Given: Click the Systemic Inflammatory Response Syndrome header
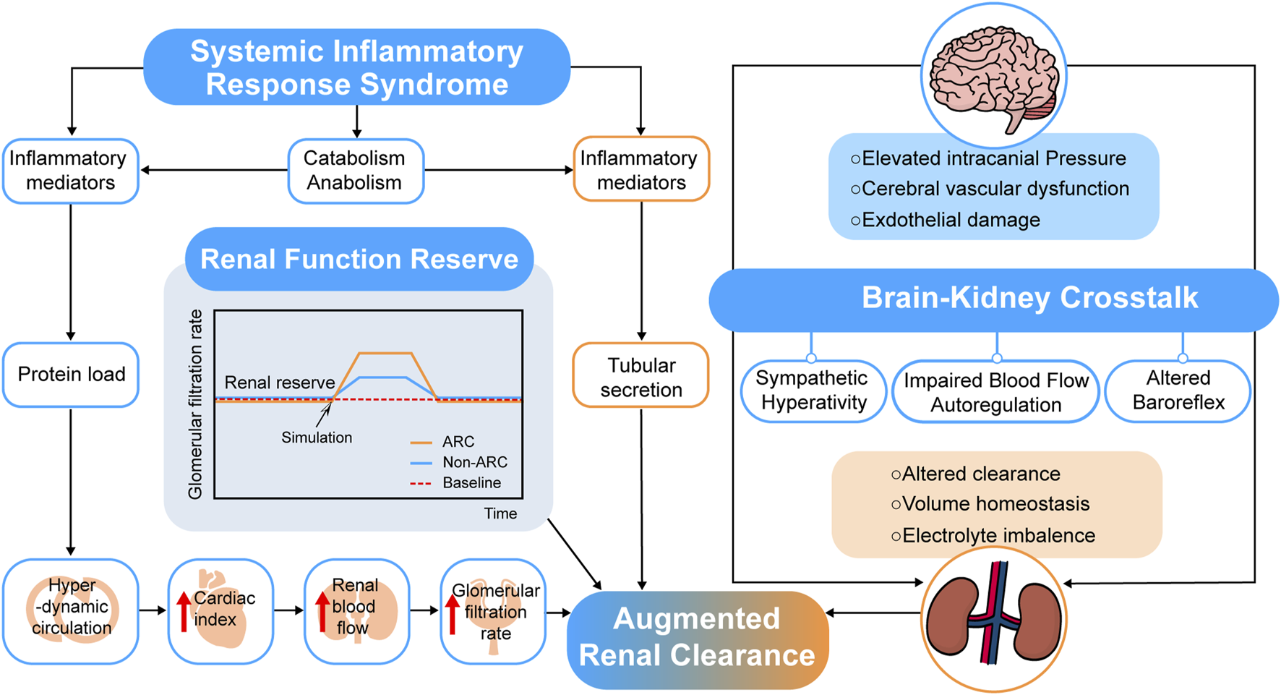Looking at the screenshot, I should tap(356, 67).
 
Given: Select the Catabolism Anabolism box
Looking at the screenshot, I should tap(356, 171).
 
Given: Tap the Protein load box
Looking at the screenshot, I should tap(71, 375).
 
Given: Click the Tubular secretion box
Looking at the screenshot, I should tap(640, 376).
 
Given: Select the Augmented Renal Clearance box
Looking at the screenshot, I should tap(697, 637).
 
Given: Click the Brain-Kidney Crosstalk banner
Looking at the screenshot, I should tap(993, 299).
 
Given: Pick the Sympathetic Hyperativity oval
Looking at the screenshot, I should tap(813, 391).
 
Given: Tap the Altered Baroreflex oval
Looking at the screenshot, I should tap(1178, 391).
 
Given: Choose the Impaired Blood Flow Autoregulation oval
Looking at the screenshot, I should tap(995, 393).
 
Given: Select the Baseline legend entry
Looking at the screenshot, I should tap(455, 483).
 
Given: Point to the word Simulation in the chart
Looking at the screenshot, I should tap(317, 438).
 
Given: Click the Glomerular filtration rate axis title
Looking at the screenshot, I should tap(195, 405).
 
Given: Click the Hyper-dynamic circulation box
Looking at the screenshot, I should tap(71, 611).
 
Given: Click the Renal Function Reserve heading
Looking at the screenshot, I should tap(359, 259).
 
